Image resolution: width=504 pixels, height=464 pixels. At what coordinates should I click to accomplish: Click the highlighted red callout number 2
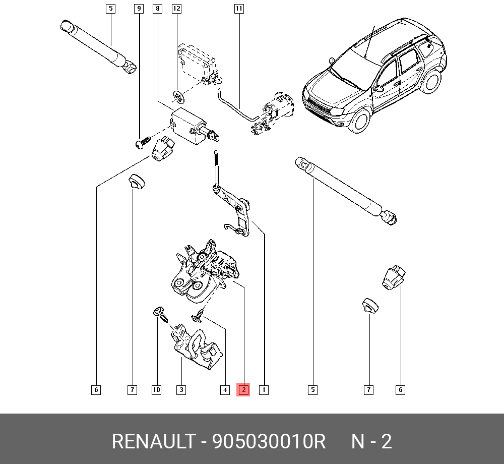coord(243,389)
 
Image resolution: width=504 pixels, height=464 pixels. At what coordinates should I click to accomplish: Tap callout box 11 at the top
coord(239,9)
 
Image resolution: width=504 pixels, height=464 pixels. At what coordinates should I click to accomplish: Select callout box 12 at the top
coord(176,9)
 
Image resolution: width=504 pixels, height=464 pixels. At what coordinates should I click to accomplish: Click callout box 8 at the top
coord(157,9)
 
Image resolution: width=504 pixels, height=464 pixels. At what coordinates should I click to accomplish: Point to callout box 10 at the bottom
coord(156,389)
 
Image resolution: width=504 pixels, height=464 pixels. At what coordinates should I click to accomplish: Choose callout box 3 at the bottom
coord(181,389)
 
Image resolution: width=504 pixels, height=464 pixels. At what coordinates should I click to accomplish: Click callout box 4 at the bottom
coord(225,389)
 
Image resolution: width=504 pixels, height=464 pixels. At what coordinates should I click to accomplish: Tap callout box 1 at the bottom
coord(263,389)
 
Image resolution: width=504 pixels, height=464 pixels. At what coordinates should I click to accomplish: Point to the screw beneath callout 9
coord(143,142)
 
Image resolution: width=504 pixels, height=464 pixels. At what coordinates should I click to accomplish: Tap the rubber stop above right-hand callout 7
coord(369,306)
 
